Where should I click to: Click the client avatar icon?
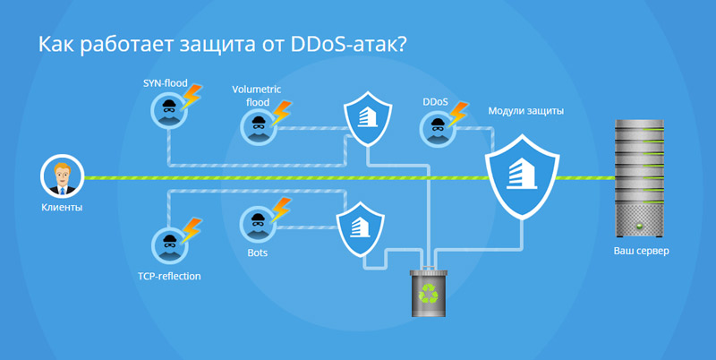pos(62,176)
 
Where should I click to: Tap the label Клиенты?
pos(62,208)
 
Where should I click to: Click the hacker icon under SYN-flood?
pos(168,110)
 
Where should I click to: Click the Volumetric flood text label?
pos(257,96)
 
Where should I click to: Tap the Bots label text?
pos(257,253)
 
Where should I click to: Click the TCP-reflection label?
pos(169,277)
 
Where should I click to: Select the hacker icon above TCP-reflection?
pos(169,245)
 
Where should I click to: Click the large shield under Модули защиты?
pos(522,176)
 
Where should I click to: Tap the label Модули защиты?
pos(525,111)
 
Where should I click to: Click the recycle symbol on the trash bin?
pos(429,294)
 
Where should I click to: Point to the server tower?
pos(639,178)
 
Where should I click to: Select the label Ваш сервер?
pos(641,251)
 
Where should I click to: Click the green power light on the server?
pos(639,226)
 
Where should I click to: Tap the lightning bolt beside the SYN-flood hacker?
pos(191,96)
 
